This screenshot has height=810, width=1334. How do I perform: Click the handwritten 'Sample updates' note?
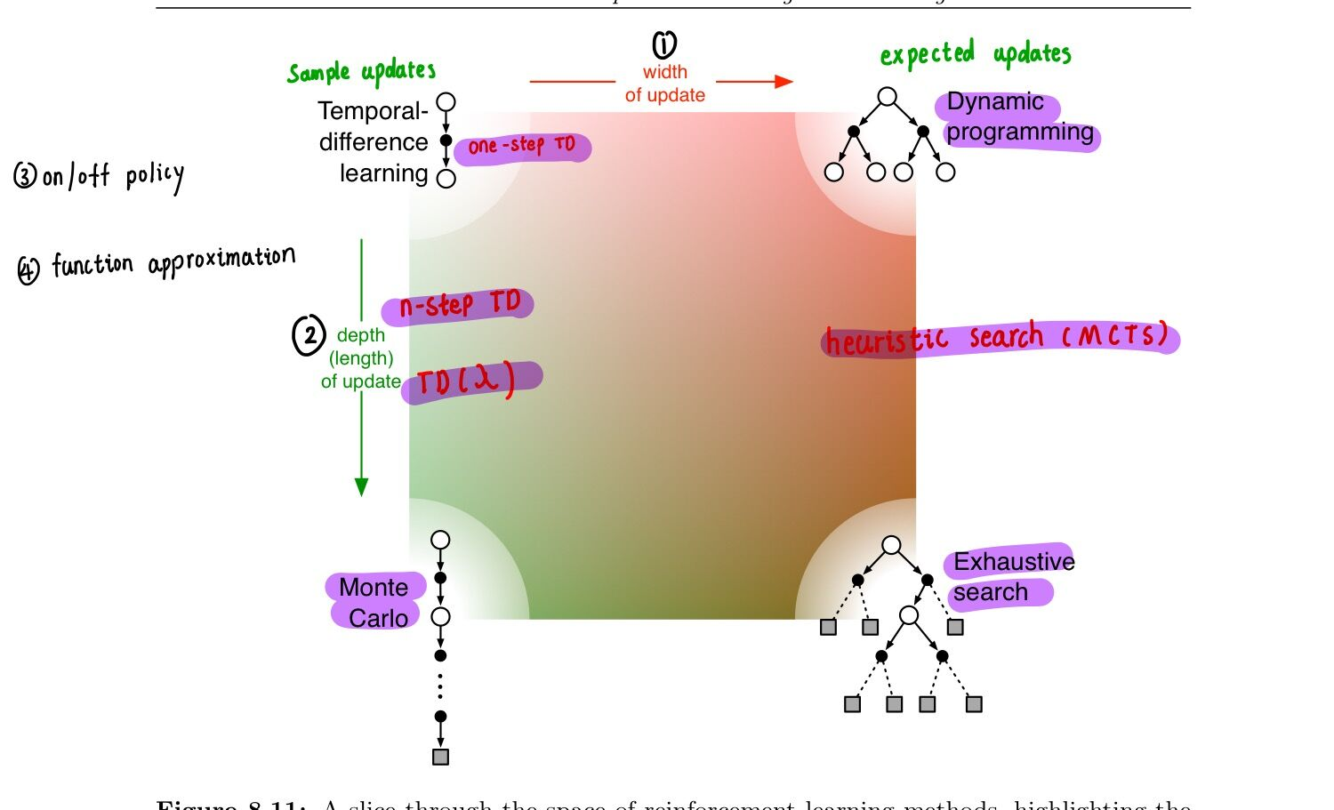[x=361, y=72]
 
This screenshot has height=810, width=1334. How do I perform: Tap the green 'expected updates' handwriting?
[x=976, y=54]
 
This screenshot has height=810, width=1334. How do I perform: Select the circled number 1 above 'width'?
[x=664, y=44]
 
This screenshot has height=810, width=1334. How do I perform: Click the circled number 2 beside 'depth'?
[x=309, y=336]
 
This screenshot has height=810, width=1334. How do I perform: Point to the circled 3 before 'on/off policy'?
[x=24, y=175]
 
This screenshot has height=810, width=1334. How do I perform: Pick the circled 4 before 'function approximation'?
[x=28, y=269]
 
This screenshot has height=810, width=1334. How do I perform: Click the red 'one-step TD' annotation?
[x=522, y=146]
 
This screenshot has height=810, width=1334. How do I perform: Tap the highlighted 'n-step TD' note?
[x=459, y=305]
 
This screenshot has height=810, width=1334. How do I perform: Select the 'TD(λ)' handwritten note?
[x=468, y=381]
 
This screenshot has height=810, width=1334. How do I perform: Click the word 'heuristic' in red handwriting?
[x=886, y=341]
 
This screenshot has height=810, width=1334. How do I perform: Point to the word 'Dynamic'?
[x=994, y=102]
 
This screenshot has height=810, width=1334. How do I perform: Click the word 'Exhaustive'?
[x=1013, y=562]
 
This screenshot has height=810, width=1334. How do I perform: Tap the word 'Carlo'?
[x=378, y=618]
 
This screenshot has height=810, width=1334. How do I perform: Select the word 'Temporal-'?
[x=373, y=111]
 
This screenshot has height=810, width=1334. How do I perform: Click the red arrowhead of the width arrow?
[x=784, y=82]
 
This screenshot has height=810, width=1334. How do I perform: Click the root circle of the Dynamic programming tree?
[x=887, y=96]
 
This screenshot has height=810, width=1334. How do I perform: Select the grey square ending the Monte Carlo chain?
[x=440, y=757]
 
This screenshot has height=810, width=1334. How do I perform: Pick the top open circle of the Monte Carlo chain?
[x=440, y=540]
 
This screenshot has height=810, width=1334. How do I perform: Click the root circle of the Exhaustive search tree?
[x=891, y=545]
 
